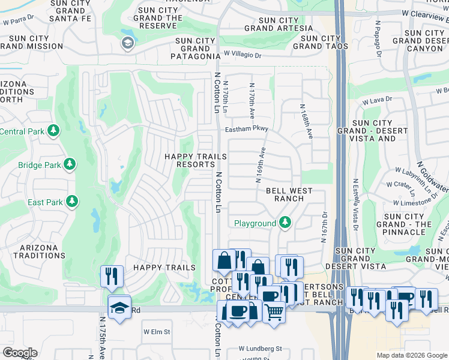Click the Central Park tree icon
click(x=54, y=131)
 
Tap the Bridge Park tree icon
click(x=70, y=164)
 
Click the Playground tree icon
click(x=285, y=223)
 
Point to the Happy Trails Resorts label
click(x=196, y=160)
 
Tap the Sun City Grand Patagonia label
click(x=197, y=49)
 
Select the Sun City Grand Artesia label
click(x=279, y=24)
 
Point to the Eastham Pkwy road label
click(x=246, y=129)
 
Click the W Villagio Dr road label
click(x=243, y=55)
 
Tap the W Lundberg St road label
click(x=260, y=349)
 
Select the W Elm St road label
click(x=157, y=331)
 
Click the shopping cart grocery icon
click(x=274, y=311)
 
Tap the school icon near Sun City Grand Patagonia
click(x=127, y=43)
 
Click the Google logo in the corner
click(x=20, y=353)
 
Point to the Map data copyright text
click(x=411, y=355)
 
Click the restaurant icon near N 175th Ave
click(x=112, y=276)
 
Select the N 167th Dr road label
click(x=324, y=226)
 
